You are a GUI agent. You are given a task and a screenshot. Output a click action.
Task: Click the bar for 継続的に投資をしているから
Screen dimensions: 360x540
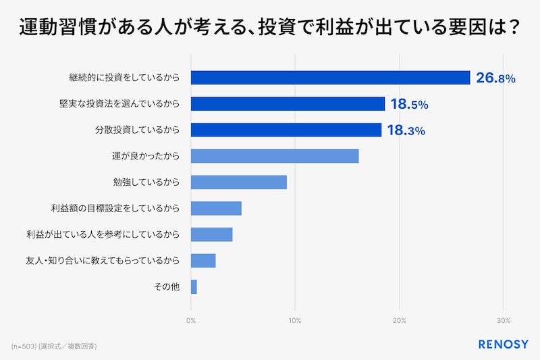tap(330, 78)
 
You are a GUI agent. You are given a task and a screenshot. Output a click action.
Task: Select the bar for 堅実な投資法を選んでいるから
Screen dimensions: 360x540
tap(288, 104)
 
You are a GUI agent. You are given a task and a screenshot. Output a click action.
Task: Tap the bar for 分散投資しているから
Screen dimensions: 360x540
tap(286, 130)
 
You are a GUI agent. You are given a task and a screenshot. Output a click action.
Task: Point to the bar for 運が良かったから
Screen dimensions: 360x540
tap(275, 156)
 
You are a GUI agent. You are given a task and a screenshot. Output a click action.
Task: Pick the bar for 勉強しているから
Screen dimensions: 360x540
tap(239, 182)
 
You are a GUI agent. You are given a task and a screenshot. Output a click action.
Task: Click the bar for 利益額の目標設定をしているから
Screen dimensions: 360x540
tap(216, 208)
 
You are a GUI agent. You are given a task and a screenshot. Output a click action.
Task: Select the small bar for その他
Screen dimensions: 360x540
tap(194, 287)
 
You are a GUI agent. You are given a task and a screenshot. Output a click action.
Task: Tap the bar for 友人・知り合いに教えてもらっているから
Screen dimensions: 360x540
tap(203, 261)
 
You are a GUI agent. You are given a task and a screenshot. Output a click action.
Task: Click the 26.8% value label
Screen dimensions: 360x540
tap(495, 78)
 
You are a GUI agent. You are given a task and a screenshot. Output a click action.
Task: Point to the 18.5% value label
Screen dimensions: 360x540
tap(409, 105)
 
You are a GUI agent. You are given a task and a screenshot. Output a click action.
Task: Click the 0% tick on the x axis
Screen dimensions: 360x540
tap(191, 319)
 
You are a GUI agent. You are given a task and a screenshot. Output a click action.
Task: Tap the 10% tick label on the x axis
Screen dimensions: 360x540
tap(295, 319)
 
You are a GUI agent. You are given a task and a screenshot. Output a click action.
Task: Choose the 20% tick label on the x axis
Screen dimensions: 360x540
tap(399, 319)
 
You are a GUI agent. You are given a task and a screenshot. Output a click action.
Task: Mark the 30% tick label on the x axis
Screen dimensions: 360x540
tap(503, 319)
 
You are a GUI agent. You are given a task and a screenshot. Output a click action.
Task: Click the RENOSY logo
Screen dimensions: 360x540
tap(503, 344)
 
